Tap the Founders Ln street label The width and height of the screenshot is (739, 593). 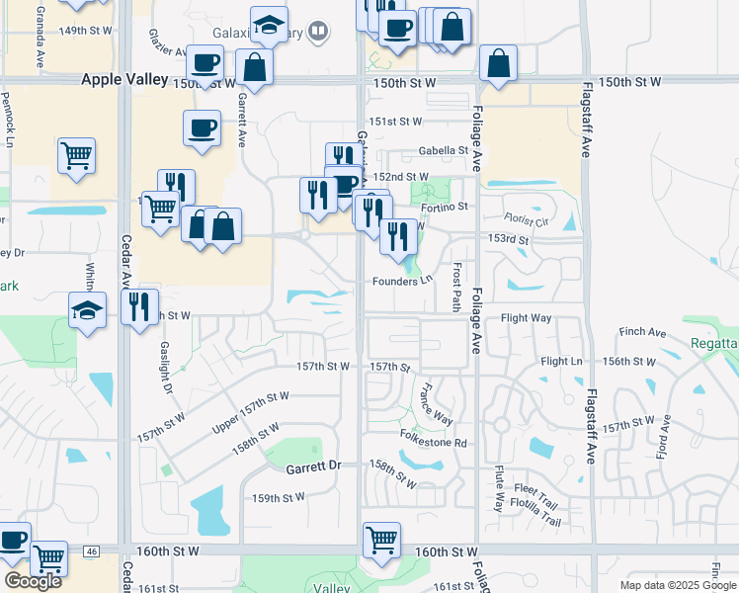[402, 281]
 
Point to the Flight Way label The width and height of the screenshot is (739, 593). [526, 318]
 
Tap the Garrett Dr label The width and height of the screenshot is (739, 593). [314, 465]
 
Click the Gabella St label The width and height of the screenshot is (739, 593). [442, 151]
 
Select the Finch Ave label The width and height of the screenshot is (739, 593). [642, 332]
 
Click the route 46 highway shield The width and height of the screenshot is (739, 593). [92, 551]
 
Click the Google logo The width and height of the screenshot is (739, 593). [33, 581]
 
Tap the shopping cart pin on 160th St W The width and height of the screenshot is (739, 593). [381, 541]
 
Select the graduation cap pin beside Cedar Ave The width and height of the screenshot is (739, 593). [88, 310]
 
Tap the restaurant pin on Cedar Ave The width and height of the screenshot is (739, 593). [139, 306]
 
